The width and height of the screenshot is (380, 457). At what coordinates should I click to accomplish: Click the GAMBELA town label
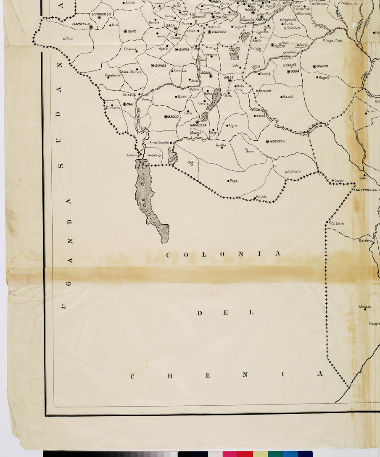click(x=81, y=24)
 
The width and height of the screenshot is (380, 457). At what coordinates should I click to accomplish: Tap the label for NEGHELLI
click(x=277, y=142)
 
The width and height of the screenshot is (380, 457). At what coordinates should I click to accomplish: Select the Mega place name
click(x=233, y=181)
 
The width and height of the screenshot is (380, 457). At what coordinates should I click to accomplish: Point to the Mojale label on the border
click(x=261, y=197)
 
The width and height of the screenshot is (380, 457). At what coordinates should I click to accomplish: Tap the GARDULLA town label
click(x=198, y=126)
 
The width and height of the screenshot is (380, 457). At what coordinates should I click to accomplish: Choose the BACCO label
click(x=174, y=116)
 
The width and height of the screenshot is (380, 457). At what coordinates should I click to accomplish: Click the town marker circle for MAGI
click(x=125, y=104)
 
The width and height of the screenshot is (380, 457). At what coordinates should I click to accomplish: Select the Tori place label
click(x=70, y=39)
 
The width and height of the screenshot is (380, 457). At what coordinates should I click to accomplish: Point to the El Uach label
click(x=338, y=223)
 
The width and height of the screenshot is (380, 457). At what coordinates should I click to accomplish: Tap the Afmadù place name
click(x=365, y=307)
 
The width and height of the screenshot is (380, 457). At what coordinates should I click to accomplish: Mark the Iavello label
click(x=221, y=145)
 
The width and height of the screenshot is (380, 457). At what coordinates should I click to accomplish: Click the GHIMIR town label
click(x=322, y=66)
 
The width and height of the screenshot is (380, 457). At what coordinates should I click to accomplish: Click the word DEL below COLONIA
click(x=225, y=313)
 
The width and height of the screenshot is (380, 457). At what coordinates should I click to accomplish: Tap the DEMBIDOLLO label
click(x=101, y=14)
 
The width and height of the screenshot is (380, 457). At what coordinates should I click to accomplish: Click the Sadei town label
click(x=339, y=181)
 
